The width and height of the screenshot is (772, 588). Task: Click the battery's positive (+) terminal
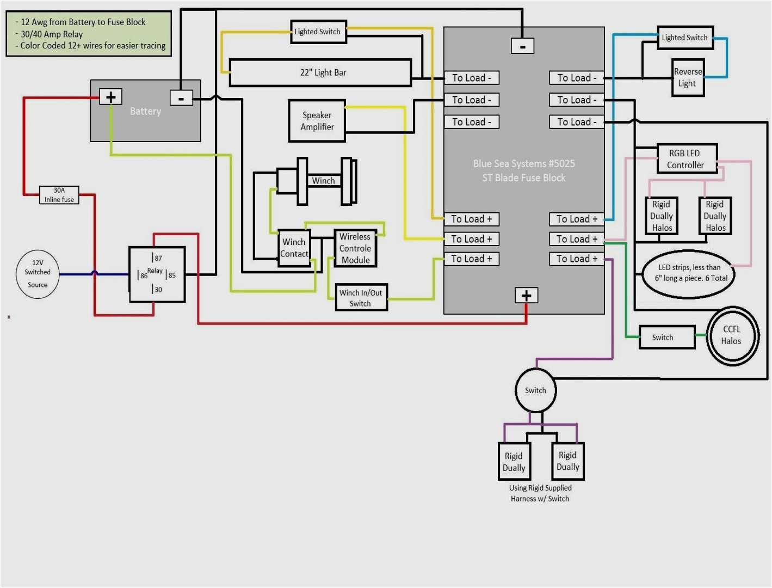tap(110, 97)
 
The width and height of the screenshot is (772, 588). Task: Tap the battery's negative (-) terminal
tap(181, 98)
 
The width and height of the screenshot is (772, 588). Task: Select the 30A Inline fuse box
tap(59, 195)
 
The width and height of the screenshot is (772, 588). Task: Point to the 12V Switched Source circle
tap(38, 274)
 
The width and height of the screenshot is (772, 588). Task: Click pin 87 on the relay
tap(157, 258)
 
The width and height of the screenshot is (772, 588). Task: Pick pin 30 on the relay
tap(157, 289)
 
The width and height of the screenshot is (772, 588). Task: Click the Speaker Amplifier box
tap(317, 121)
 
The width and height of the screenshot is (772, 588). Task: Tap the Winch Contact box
tap(294, 248)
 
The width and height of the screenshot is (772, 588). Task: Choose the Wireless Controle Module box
tap(355, 248)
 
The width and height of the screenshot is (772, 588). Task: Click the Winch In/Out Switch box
tap(361, 298)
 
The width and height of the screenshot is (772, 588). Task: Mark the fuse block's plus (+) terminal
tap(526, 295)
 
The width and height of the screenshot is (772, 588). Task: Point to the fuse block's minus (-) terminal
tap(522, 46)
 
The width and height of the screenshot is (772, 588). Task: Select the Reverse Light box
tap(688, 78)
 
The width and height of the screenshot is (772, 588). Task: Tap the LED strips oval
tap(689, 273)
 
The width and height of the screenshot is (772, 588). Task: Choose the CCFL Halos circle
tap(732, 335)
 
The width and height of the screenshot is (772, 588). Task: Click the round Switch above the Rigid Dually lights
tap(535, 390)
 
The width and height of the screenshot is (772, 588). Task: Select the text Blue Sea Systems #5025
tap(523, 163)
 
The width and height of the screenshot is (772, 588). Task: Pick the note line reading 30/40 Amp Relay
tap(52, 34)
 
